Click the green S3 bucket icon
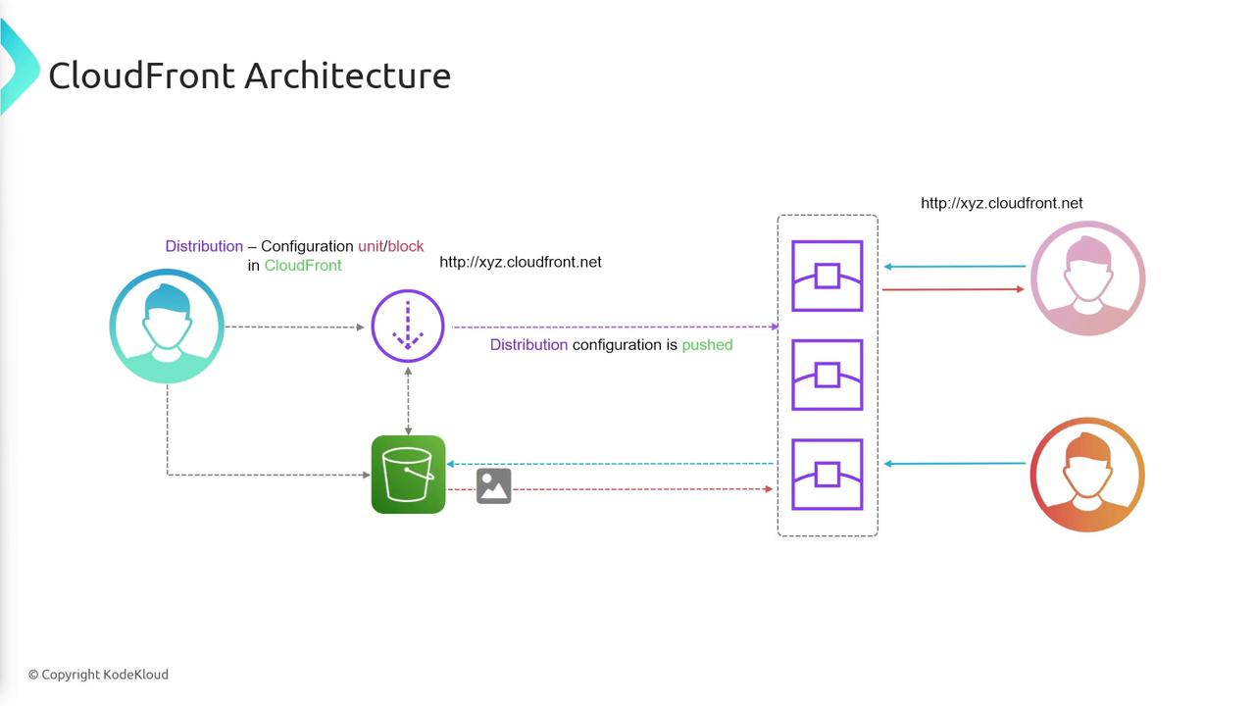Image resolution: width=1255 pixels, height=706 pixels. point(408,475)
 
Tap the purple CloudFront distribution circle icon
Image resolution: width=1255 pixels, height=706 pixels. point(408,327)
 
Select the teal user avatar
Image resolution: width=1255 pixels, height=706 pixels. point(167,327)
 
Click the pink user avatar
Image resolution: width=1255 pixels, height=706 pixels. point(1087,278)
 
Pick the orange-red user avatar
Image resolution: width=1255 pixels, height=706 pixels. point(1087,475)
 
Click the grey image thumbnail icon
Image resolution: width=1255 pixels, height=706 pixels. point(494,486)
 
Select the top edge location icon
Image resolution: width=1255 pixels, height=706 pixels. point(828,277)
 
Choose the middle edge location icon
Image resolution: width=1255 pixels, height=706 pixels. point(828,375)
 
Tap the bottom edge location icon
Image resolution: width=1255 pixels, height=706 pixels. point(828,475)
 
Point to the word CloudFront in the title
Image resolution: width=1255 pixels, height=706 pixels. point(142,76)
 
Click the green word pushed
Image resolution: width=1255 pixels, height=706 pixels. point(707,345)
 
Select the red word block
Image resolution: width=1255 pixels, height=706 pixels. point(405,246)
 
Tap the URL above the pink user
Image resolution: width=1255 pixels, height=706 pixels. point(1001,203)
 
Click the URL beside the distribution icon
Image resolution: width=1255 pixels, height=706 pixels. point(520,262)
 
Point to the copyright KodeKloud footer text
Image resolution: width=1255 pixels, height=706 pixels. point(98,675)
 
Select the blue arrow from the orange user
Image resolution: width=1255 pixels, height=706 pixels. point(955,464)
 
